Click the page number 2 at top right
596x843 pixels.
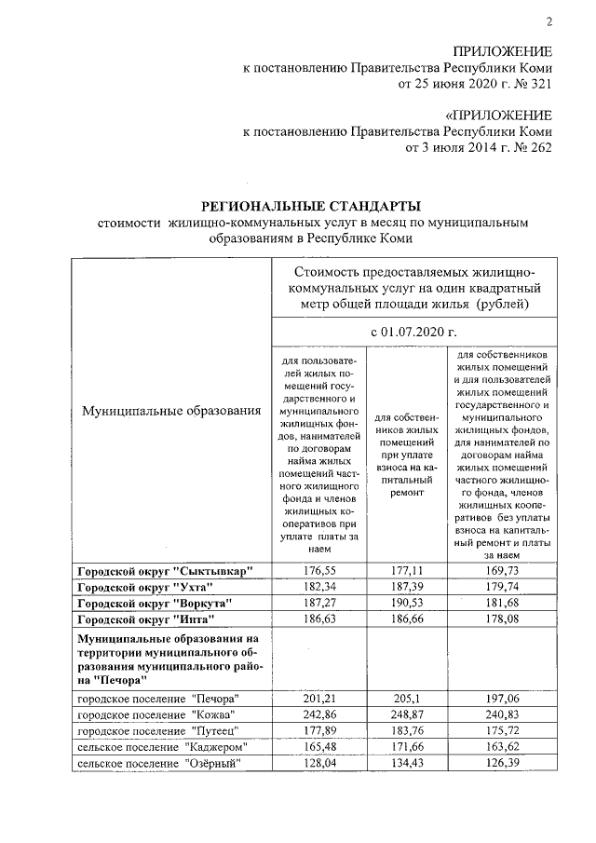click(549, 22)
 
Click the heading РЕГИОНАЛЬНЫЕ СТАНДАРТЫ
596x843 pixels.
click(312, 205)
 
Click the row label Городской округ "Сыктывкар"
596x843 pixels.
click(165, 569)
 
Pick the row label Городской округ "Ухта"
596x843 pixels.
click(144, 586)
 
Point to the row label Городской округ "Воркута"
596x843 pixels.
click(153, 603)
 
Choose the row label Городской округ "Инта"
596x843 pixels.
click(145, 619)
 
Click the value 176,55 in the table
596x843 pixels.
click(318, 569)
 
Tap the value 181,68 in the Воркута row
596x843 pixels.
click(502, 603)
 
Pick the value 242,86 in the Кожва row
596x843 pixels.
click(318, 714)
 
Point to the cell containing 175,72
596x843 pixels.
click(502, 730)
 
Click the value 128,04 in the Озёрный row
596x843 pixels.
click(318, 764)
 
